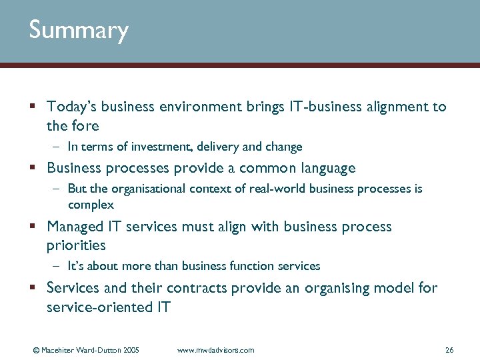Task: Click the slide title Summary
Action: (x=78, y=31)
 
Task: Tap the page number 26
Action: (x=449, y=350)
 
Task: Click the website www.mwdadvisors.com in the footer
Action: (x=216, y=350)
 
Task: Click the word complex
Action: (x=91, y=205)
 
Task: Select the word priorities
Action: (x=76, y=246)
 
